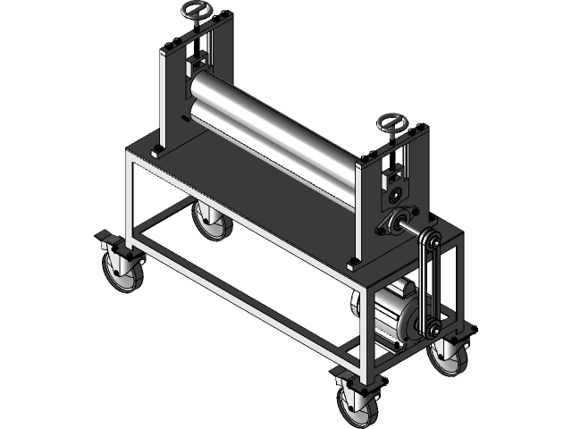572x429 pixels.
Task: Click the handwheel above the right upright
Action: (x=391, y=122)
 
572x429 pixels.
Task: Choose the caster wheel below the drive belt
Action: (x=446, y=357)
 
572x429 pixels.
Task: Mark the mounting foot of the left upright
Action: (x=157, y=151)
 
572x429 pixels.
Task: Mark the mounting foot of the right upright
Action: (x=354, y=263)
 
